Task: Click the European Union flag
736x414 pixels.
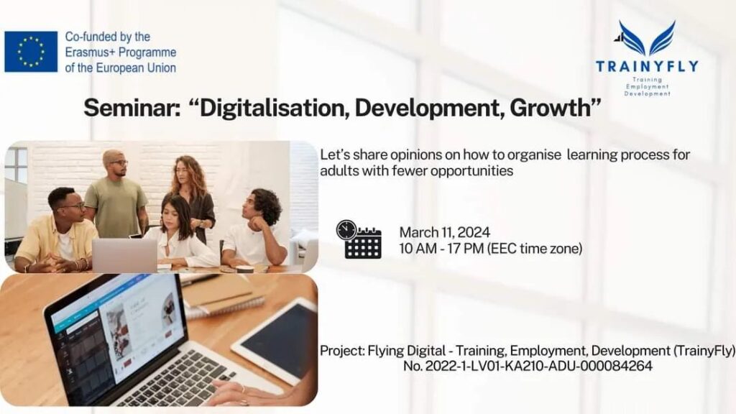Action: (x=31, y=52)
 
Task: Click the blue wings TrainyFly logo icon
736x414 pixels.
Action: (x=647, y=39)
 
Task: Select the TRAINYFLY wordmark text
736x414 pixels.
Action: (x=647, y=66)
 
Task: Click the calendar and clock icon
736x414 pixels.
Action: (x=359, y=239)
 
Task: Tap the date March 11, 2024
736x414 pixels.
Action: (x=444, y=232)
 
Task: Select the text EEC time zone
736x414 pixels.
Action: (x=535, y=248)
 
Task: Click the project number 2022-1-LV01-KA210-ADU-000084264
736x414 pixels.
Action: (x=539, y=366)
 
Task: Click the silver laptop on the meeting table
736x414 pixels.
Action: (x=124, y=255)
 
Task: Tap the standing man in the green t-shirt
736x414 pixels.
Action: (x=116, y=197)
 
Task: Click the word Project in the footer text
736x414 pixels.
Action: (x=342, y=351)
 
